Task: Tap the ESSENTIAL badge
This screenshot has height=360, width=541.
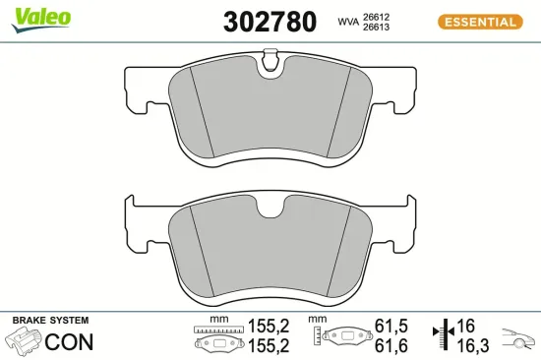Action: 478,21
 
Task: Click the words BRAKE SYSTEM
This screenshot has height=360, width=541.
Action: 50,321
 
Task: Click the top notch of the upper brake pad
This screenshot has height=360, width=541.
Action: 270,68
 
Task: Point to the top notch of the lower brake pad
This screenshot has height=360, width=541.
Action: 270,208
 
